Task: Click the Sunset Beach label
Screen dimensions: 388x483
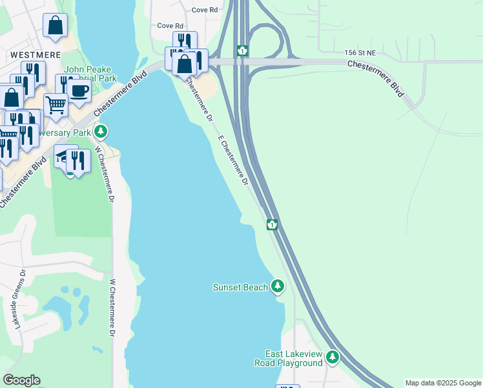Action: (240, 287)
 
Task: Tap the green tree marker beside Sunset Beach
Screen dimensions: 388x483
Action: (278, 286)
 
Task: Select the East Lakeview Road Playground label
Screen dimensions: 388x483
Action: (294, 358)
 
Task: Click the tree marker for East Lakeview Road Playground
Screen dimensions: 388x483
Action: (333, 356)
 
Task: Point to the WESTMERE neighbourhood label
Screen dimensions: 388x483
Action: (36, 56)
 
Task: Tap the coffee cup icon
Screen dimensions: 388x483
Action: (79, 91)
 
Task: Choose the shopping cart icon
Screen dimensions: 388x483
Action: (56, 103)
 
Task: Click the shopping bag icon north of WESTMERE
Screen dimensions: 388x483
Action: (56, 25)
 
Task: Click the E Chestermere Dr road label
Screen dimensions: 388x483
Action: (233, 160)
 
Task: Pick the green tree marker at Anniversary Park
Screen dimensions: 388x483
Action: (100, 132)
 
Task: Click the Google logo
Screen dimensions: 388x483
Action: (21, 380)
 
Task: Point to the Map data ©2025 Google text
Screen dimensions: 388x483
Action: (443, 383)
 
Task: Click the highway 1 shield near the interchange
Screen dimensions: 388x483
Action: (242, 50)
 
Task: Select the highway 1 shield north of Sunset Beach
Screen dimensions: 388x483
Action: (272, 224)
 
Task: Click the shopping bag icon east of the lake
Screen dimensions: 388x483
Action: (185, 63)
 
